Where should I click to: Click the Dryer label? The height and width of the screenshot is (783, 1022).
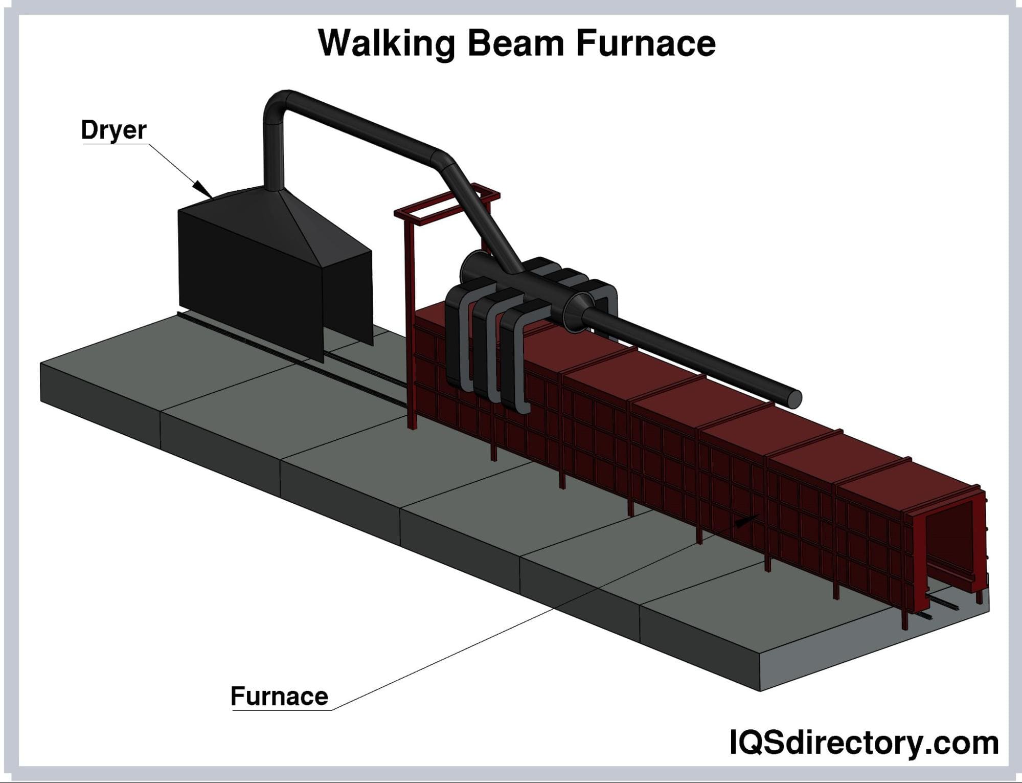tap(113, 130)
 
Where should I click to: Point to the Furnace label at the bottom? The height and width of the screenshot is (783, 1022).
tap(279, 697)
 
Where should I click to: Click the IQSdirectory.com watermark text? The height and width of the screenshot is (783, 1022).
tap(864, 743)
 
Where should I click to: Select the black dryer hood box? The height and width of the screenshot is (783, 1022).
tap(251, 276)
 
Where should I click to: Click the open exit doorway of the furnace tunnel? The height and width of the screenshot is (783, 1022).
tap(951, 547)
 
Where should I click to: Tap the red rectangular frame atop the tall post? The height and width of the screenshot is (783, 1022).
tap(447, 205)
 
